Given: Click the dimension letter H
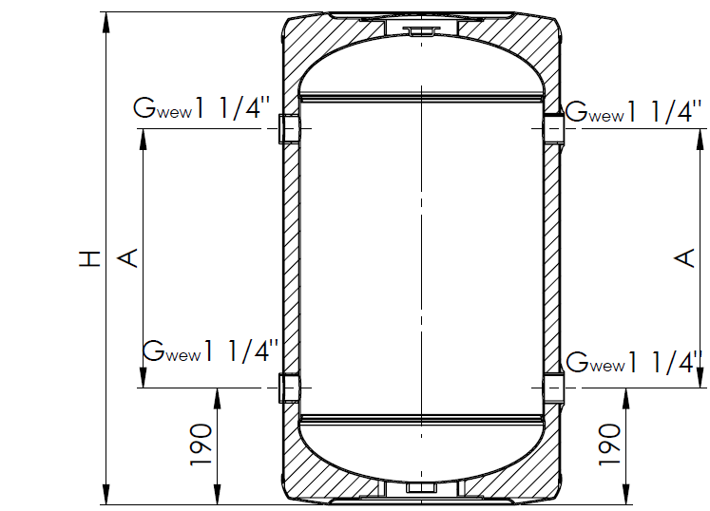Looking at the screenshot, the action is [x=89, y=258].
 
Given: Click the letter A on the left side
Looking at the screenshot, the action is [x=127, y=258].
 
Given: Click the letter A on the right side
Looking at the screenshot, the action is [x=684, y=258].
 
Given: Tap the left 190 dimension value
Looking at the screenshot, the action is [x=201, y=445].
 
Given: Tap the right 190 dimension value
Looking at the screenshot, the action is [x=609, y=445].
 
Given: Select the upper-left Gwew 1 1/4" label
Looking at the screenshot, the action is [x=201, y=108].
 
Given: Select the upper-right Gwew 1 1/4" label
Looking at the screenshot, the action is [x=633, y=111].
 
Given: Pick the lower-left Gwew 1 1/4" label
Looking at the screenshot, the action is [x=211, y=350].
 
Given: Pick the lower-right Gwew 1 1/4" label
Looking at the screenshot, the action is [x=633, y=362].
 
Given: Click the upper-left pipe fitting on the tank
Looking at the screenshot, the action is [x=288, y=128].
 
